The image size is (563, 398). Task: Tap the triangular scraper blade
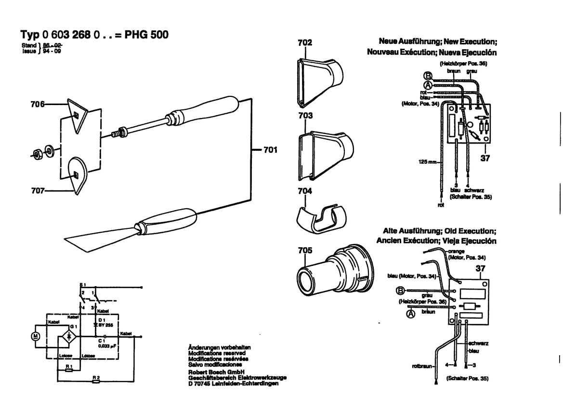[x=77, y=115]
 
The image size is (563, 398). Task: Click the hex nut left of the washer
[x=35, y=153]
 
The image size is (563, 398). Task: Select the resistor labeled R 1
[x=69, y=371]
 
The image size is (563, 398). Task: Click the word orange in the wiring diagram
[x=456, y=252]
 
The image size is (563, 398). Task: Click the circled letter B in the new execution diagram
[x=427, y=75]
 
